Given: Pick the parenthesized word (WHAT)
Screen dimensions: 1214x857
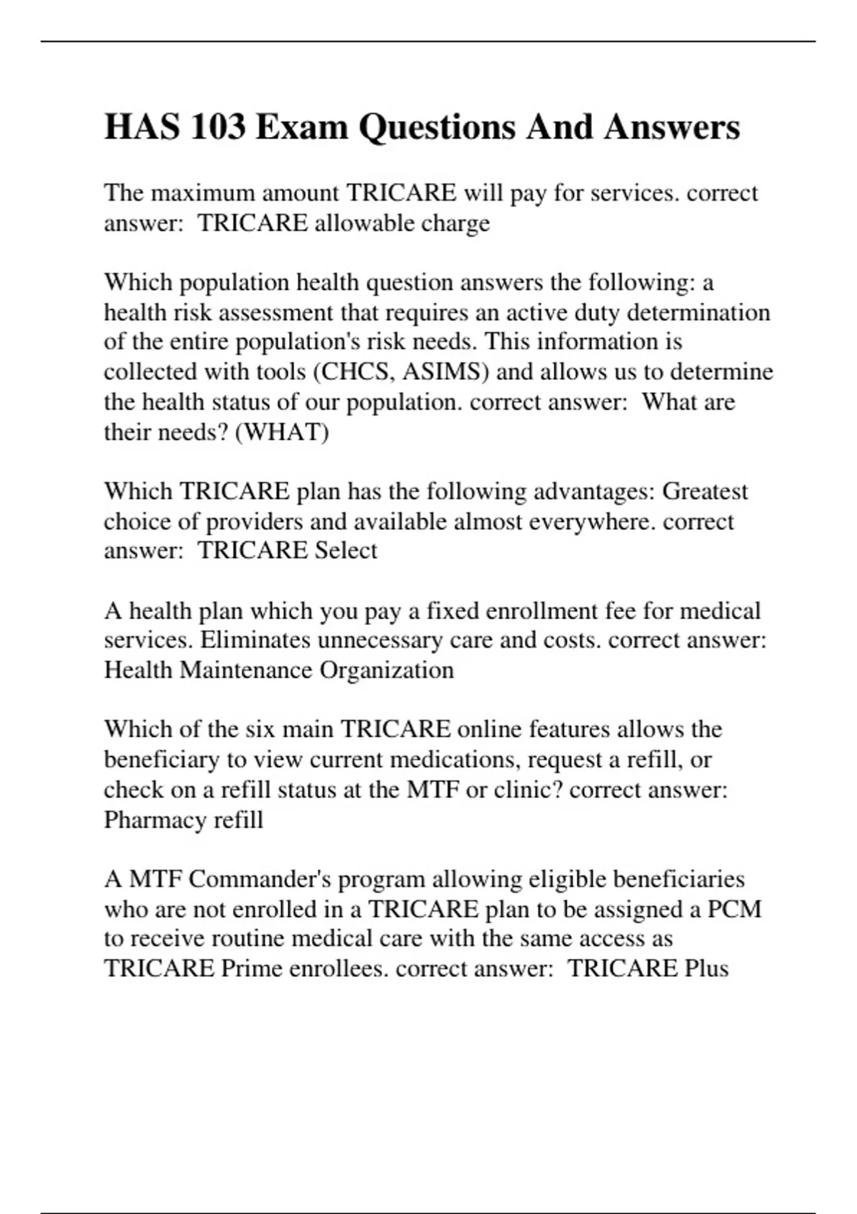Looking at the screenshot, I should click(281, 432).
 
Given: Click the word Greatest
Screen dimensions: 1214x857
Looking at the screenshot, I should click(705, 491).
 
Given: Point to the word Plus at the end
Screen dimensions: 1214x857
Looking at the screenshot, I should click(706, 968).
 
